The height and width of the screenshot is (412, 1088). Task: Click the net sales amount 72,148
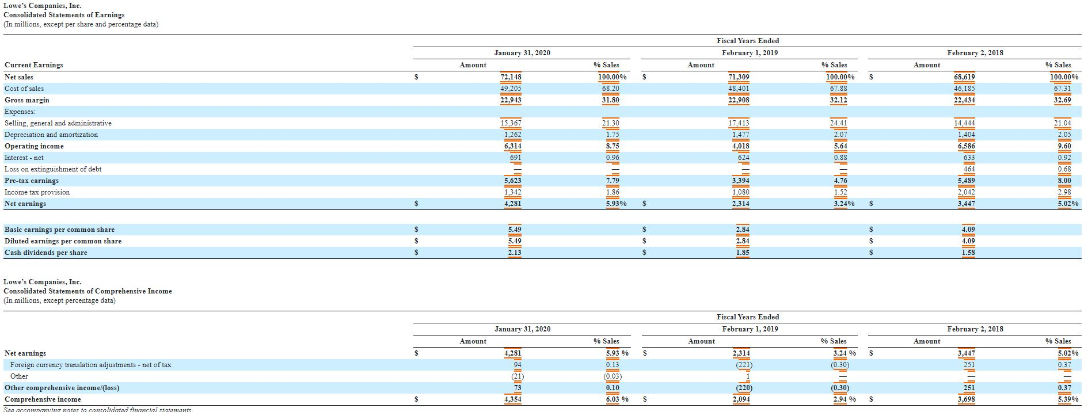511,77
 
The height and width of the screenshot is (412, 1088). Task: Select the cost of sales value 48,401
739,89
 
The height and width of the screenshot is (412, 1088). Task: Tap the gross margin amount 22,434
964,100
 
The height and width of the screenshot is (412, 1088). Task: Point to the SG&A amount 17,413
739,123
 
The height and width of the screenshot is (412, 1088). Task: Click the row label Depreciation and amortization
51,135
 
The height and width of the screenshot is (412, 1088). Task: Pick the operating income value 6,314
512,146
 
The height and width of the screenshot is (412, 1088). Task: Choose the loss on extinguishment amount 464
969,169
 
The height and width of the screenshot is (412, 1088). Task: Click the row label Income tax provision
37,192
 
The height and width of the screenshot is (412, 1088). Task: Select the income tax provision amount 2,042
966,192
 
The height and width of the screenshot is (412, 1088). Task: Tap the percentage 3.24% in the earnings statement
844,204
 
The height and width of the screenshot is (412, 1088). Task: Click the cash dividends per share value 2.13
515,253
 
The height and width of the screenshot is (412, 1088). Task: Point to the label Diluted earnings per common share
63,241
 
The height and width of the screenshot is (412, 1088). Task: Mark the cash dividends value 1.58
968,253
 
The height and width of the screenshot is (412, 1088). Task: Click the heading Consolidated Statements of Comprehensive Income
88,291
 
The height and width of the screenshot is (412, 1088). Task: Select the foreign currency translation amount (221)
742,365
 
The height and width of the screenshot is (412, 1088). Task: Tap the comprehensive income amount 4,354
512,399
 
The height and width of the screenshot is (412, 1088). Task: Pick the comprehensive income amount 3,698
966,399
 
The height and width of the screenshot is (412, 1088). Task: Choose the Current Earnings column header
33,65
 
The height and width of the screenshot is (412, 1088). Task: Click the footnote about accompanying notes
97,410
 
